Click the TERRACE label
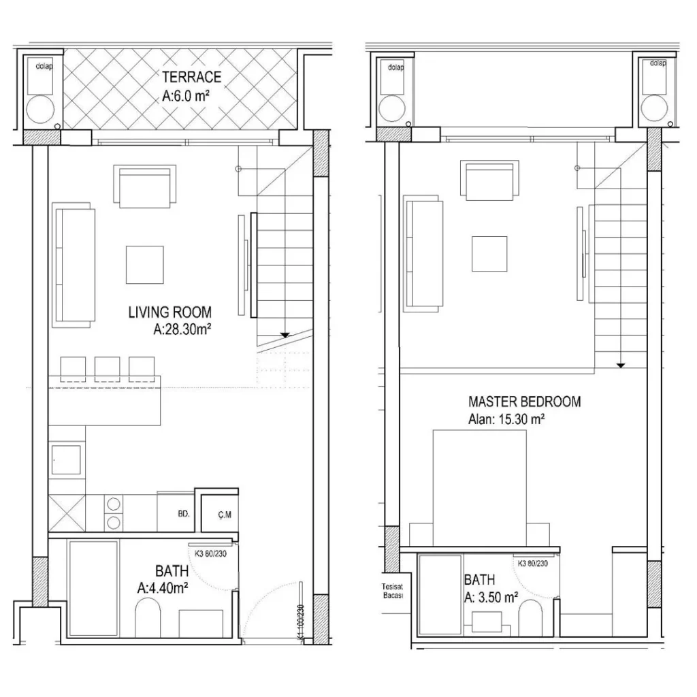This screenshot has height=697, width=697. point(191,77)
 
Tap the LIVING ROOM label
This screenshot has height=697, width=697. point(170,312)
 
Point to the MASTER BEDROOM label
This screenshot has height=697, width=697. point(525,402)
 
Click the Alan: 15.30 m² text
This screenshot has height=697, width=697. point(506,419)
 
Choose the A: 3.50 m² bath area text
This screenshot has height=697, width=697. point(491,598)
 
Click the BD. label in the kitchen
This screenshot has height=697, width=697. point(184,515)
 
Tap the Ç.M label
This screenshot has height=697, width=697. point(225,515)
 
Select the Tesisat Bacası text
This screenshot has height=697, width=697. point(393,590)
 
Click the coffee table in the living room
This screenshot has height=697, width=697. point(144,265)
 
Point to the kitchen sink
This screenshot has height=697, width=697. point(66,459)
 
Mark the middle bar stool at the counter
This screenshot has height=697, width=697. point(108,368)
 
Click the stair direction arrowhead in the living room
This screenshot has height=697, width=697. point(285,335)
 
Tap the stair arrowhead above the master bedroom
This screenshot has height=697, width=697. point(621,366)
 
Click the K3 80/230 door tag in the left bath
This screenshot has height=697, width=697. point(210,554)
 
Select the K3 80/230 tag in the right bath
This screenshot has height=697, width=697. point(533,563)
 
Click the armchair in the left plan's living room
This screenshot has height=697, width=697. point(144,186)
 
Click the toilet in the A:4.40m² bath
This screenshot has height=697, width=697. point(147,621)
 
